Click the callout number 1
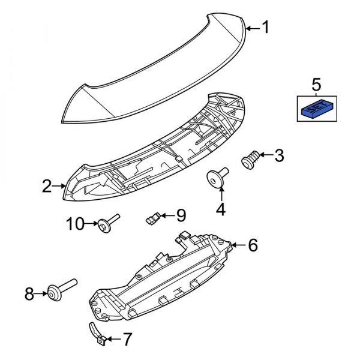pyautogui.click(x=266, y=28)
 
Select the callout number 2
pyautogui.click(x=47, y=187)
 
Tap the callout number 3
pyautogui.click(x=278, y=156)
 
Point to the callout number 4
pyautogui.click(x=221, y=209)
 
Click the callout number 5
pyautogui.click(x=316, y=84)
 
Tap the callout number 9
pyautogui.click(x=181, y=214)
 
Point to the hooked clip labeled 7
pyautogui.click(x=95, y=333)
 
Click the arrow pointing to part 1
pyautogui.click(x=252, y=28)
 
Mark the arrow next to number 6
pyautogui.click(x=238, y=245)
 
